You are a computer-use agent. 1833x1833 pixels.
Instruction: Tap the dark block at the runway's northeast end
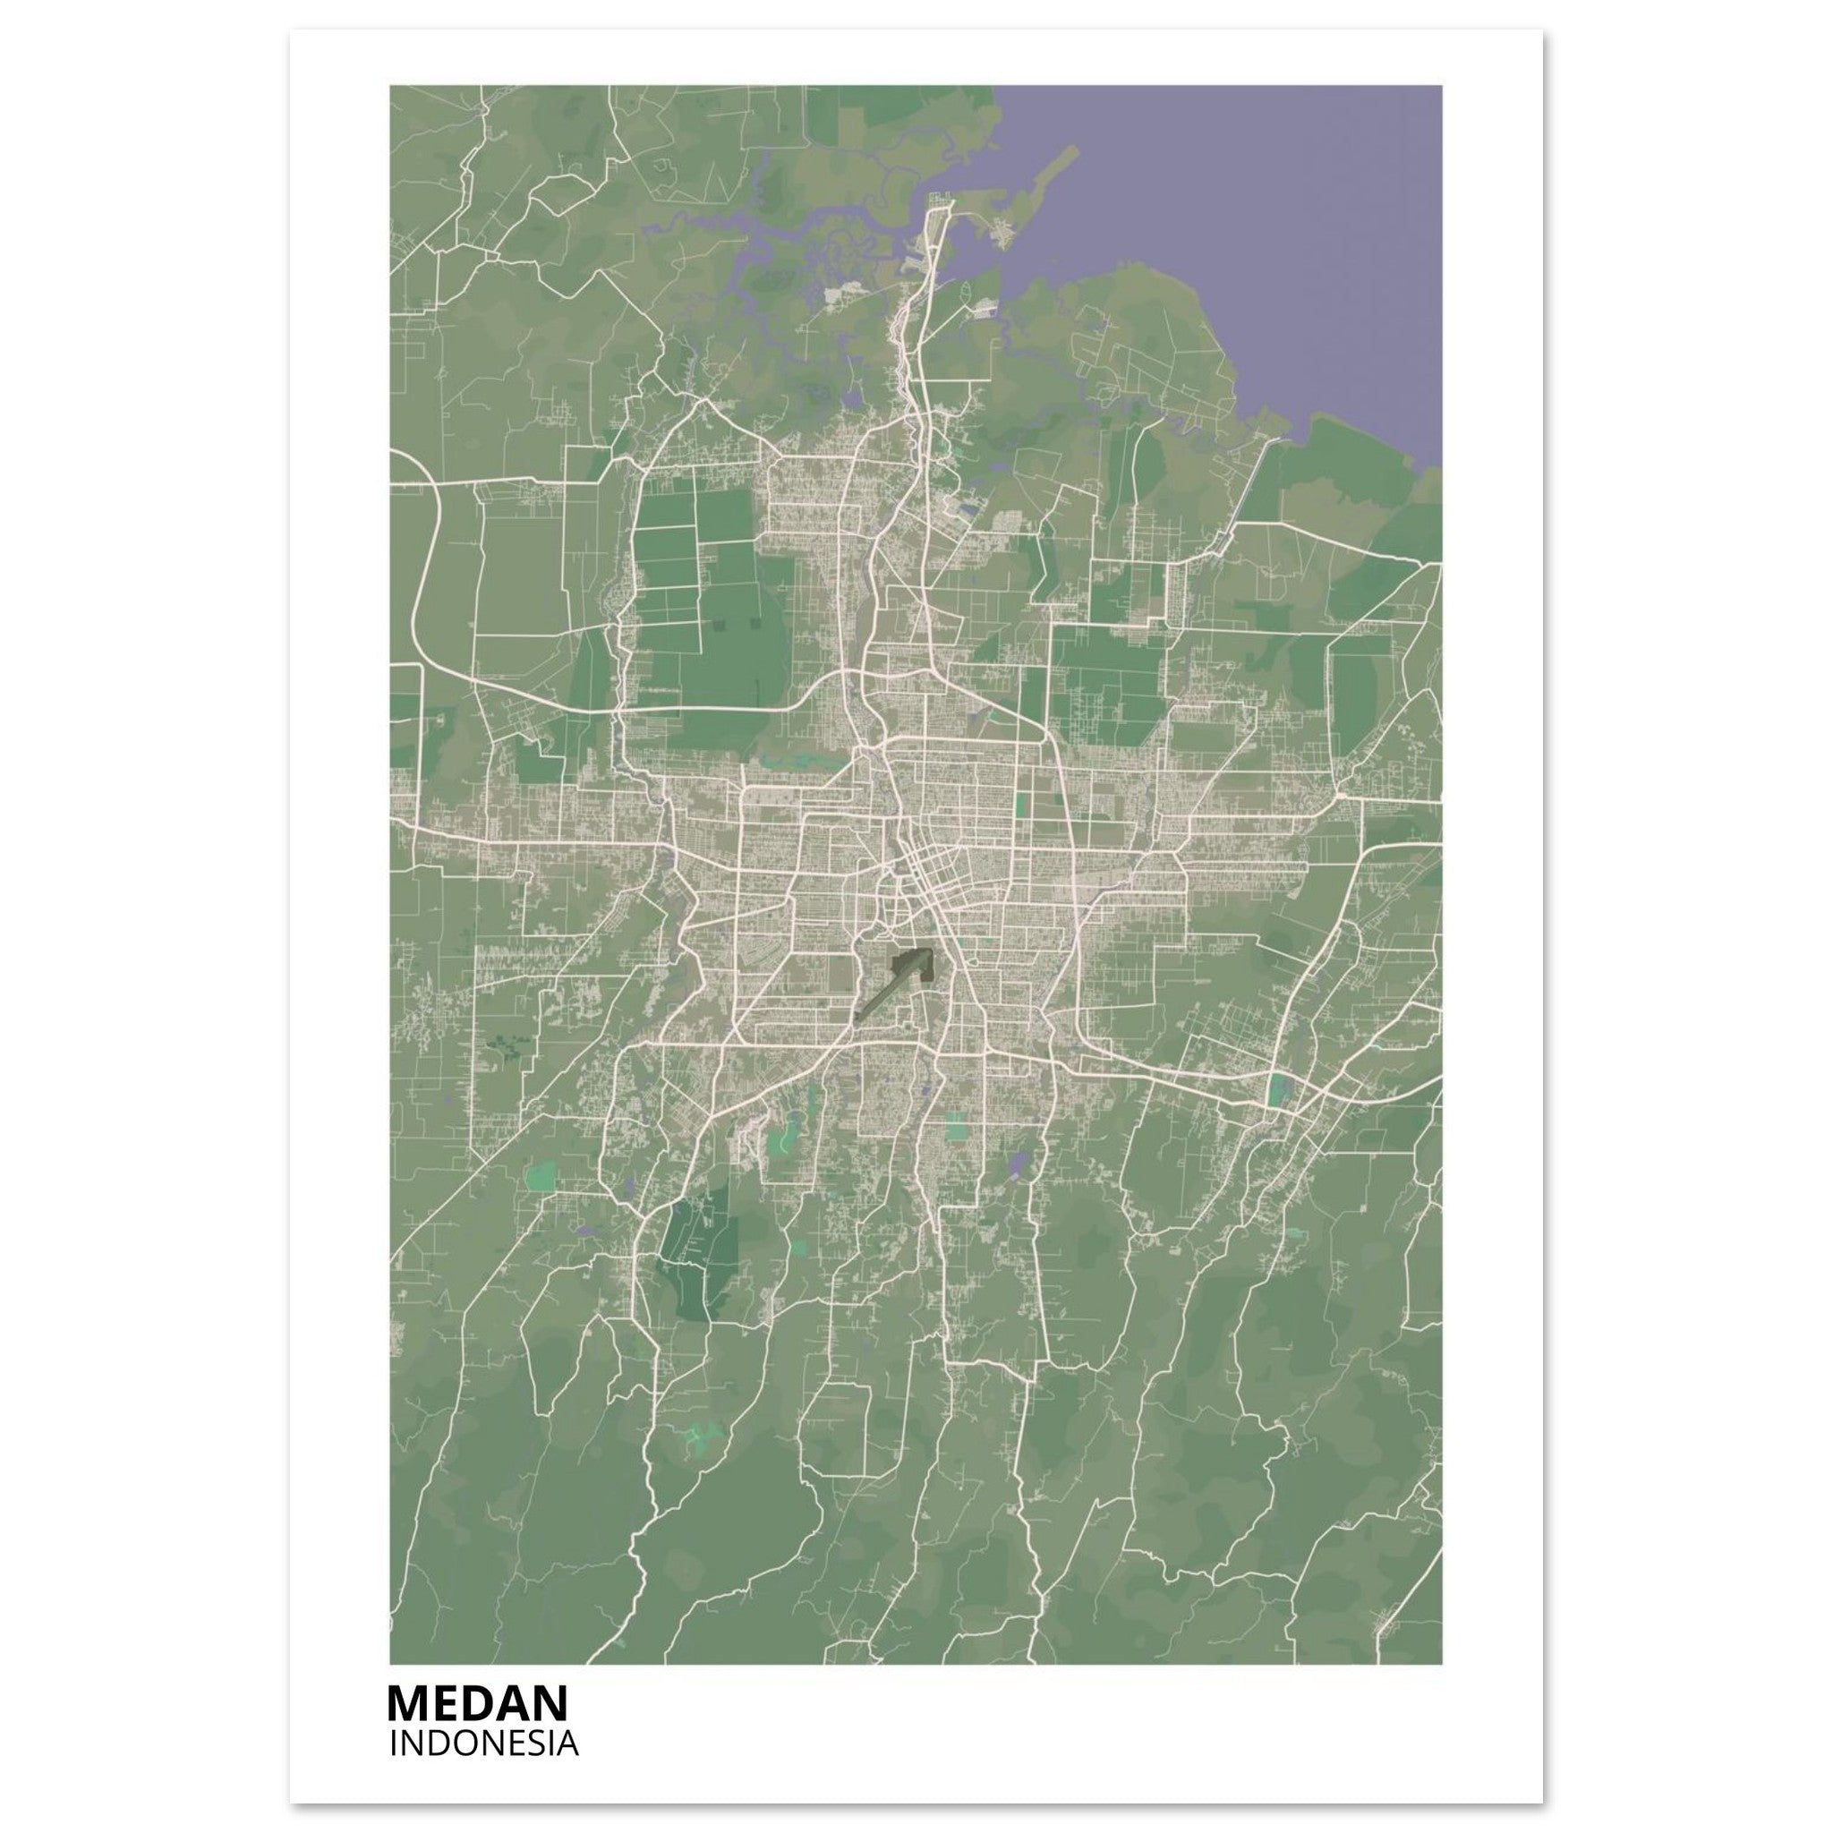(912, 963)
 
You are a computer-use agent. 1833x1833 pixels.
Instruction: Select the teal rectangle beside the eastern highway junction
(1276, 1090)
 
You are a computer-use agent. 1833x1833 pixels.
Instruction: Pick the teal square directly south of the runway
(955, 1127)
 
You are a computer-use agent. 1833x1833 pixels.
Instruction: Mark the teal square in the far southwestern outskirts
(540, 1176)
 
